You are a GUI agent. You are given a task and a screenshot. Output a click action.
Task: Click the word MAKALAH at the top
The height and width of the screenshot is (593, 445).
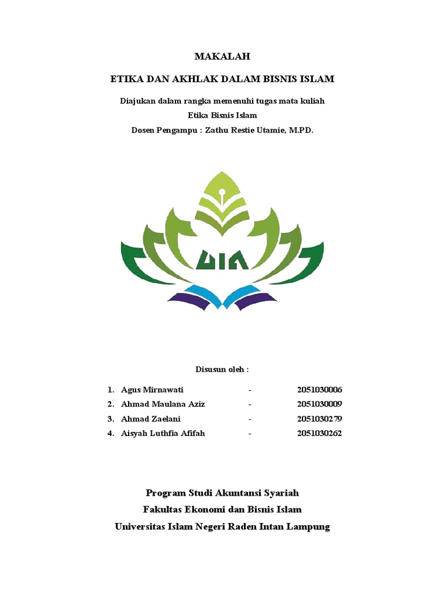222,57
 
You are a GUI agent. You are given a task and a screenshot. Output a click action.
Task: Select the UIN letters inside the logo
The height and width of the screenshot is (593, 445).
222,259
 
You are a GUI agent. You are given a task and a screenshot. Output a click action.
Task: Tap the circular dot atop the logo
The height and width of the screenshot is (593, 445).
222,184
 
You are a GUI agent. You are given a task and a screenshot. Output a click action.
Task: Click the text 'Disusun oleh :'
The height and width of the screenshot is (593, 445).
222,369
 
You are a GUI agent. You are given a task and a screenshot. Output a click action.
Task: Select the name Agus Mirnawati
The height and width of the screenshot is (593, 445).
152,390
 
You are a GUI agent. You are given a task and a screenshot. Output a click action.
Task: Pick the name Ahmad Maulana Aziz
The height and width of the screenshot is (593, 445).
163,404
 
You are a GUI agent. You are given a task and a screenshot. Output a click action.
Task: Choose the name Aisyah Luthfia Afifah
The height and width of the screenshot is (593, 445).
163,433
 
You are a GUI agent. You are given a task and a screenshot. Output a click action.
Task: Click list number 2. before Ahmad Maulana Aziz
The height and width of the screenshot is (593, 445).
110,404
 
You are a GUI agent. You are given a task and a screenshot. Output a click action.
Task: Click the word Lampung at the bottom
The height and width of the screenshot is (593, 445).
307,526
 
